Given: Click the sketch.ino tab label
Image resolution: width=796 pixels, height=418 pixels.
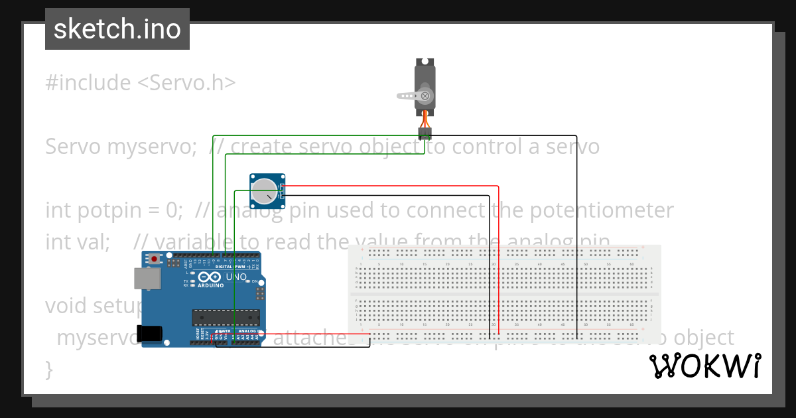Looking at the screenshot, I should point(117,29).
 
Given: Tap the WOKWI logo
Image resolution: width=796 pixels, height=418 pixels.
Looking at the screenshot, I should point(704,366).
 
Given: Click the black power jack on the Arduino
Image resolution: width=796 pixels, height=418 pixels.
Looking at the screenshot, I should point(149,333).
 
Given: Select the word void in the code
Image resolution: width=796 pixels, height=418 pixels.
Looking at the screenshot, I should point(67,306).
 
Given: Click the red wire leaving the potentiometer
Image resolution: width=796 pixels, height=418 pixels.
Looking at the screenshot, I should point(398,186).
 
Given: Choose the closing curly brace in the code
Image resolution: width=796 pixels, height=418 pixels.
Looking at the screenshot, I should point(48,368).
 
